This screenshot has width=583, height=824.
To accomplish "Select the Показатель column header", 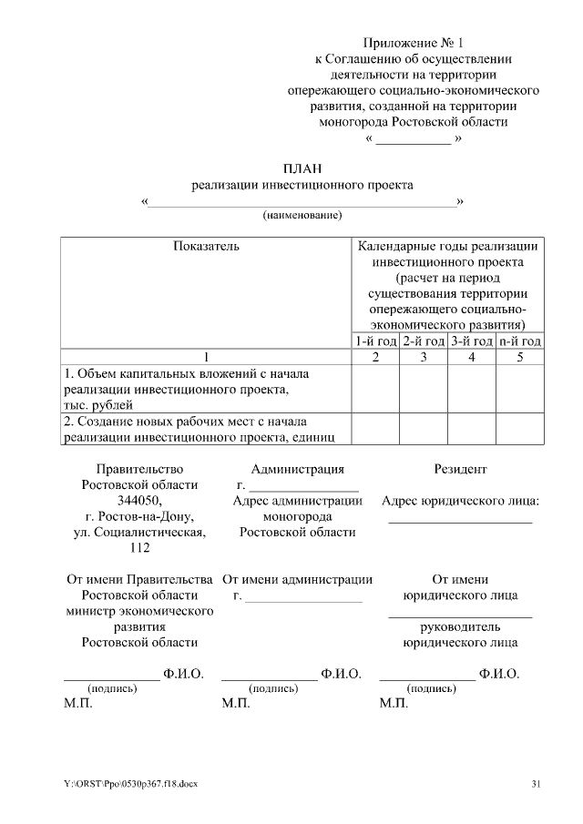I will (x=206, y=246).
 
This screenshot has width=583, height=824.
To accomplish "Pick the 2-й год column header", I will (x=423, y=341).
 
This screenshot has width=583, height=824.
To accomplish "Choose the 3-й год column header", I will (x=471, y=341).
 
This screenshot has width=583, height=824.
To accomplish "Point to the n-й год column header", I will (x=520, y=341).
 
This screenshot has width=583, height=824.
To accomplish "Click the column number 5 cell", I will (x=520, y=357).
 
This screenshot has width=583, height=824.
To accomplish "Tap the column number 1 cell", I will (x=206, y=357).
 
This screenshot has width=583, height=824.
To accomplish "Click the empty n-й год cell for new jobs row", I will (x=520, y=429).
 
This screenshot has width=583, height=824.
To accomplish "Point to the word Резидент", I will (x=460, y=469).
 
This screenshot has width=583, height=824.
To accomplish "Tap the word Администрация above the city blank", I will (x=297, y=469).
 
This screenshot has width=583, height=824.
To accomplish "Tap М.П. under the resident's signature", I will (x=394, y=704).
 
